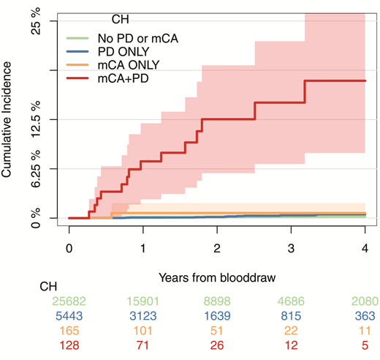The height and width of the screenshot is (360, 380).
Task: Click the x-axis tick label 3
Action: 291,248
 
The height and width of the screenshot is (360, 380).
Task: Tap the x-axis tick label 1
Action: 143,248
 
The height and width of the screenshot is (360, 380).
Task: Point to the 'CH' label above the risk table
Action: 48,286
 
